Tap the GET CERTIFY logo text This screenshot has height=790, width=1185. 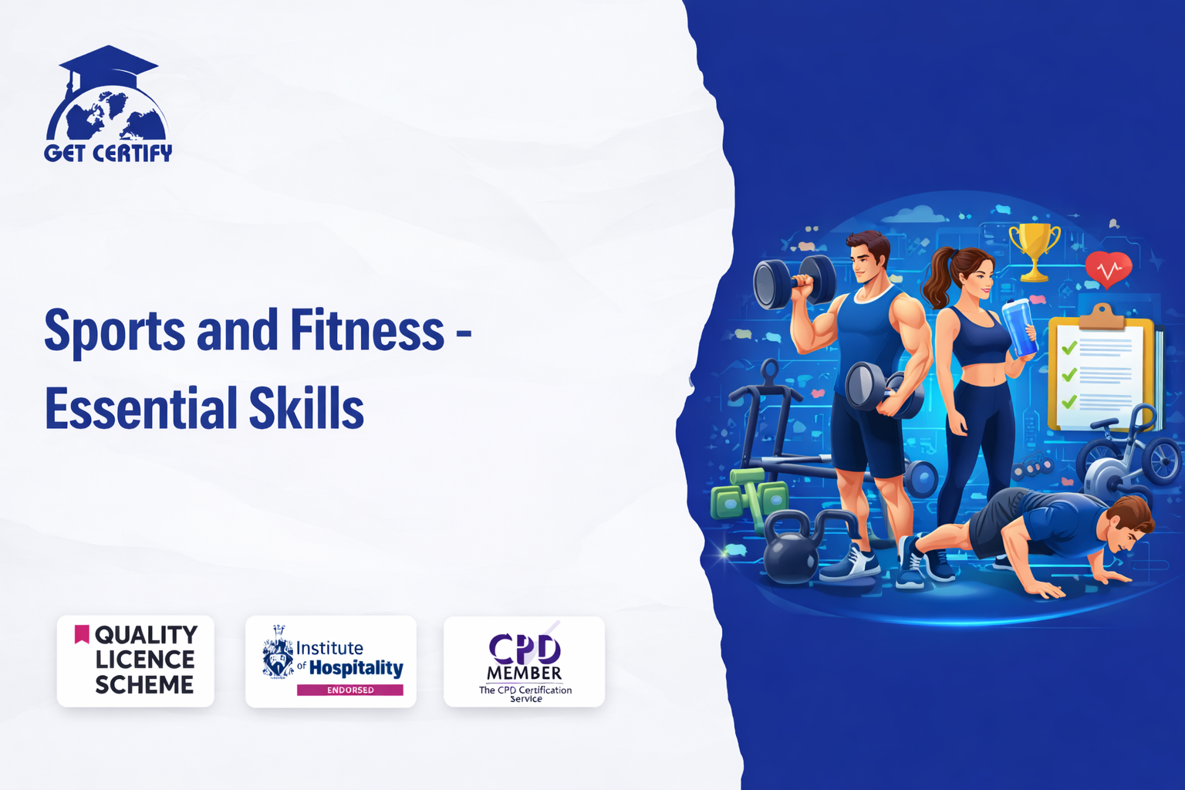(108, 153)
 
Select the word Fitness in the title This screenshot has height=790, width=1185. (367, 329)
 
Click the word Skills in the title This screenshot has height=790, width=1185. (306, 407)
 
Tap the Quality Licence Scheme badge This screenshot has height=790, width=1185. (136, 661)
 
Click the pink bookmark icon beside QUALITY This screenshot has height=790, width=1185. (82, 634)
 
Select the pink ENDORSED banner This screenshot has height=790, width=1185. (349, 690)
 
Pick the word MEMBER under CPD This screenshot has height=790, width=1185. (524, 673)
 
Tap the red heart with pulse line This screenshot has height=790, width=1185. (1109, 269)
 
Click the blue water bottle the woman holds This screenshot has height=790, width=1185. (1019, 327)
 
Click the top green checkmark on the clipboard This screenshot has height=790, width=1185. (1069, 347)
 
